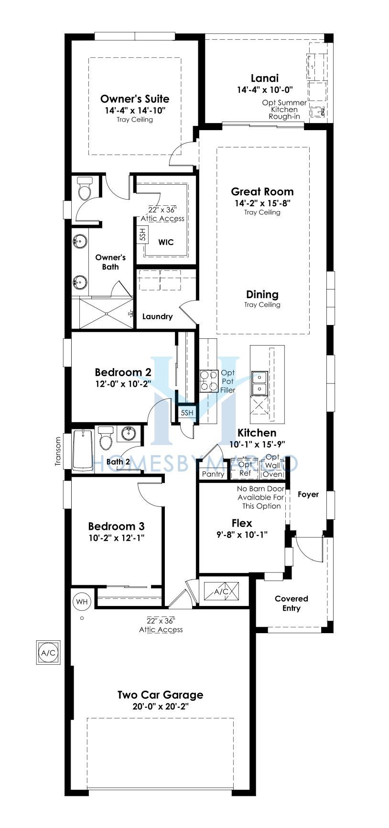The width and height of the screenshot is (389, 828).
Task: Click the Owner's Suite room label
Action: pyautogui.click(x=135, y=99)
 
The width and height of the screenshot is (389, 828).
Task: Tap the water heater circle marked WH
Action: pyautogui.click(x=82, y=602)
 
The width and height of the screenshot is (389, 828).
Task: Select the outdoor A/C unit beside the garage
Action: pyautogui.click(x=48, y=652)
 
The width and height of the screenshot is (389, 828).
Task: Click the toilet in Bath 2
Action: pyautogui.click(x=105, y=437)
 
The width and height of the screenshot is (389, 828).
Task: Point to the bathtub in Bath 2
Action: pyautogui.click(x=83, y=449)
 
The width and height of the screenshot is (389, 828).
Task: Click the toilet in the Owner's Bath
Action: pyautogui.click(x=85, y=189)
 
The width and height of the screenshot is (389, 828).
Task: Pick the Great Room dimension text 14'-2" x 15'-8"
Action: pyautogui.click(x=262, y=203)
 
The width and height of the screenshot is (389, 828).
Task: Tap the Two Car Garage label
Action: pyautogui.click(x=160, y=694)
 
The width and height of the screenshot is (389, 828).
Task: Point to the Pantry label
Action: pyautogui.click(x=213, y=474)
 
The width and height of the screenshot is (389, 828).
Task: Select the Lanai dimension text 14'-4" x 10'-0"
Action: pyautogui.click(x=264, y=90)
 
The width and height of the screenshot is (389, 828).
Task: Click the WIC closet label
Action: pyautogui.click(x=166, y=242)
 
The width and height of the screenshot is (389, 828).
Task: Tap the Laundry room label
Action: pyautogui.click(x=157, y=316)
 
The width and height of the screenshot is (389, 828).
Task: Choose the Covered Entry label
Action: pyautogui.click(x=292, y=603)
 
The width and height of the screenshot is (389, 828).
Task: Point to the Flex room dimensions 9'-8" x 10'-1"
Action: pyautogui.click(x=242, y=535)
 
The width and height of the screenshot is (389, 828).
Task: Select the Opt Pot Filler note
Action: pyautogui.click(x=228, y=381)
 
